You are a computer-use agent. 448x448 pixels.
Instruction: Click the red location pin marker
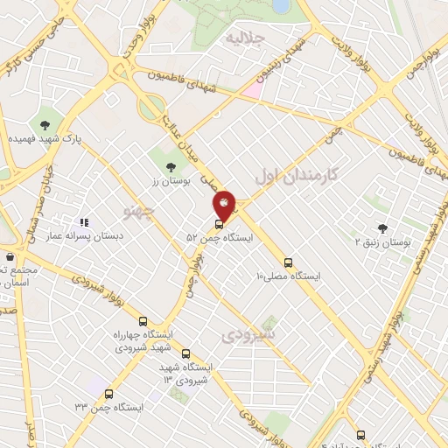click(x=225, y=205)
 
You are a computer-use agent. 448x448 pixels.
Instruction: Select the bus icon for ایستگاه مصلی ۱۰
click(x=289, y=262)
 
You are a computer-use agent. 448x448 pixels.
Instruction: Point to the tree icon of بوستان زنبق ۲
click(x=381, y=227)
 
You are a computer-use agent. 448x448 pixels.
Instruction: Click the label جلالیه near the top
click(x=244, y=38)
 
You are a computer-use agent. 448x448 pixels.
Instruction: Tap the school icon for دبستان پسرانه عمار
click(x=85, y=223)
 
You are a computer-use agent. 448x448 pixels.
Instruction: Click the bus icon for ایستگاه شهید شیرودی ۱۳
click(x=185, y=353)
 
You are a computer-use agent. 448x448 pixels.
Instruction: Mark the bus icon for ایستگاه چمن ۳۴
click(x=108, y=394)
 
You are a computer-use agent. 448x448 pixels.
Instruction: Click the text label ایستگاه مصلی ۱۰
click(x=288, y=276)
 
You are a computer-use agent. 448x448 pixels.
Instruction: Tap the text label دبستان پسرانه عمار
click(x=84, y=236)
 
